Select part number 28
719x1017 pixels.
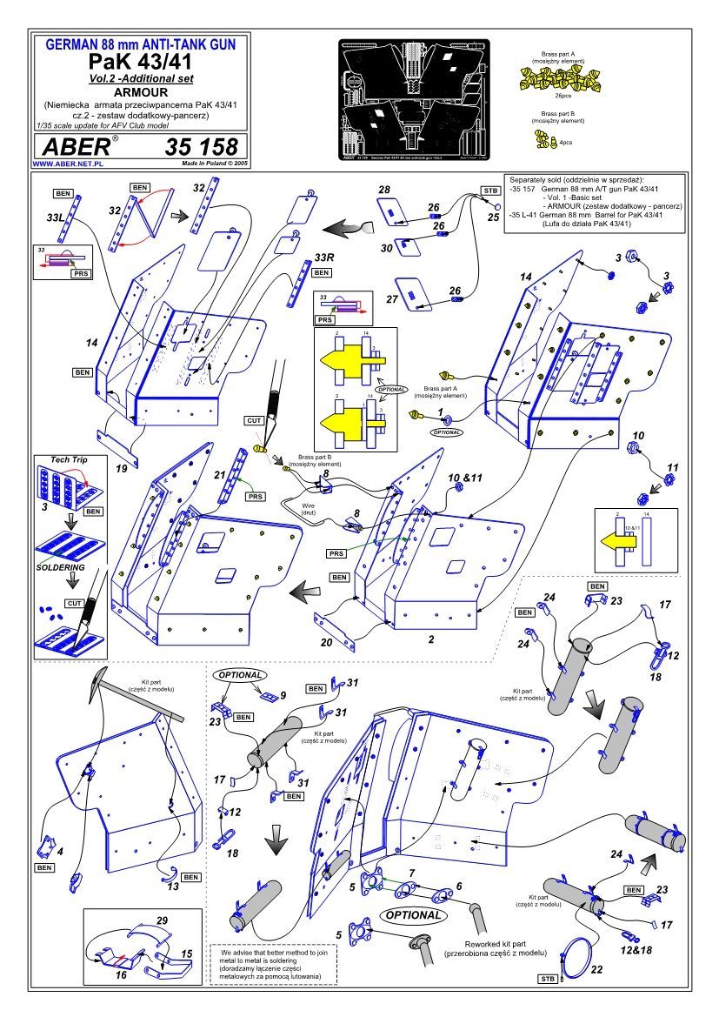[383, 189]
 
